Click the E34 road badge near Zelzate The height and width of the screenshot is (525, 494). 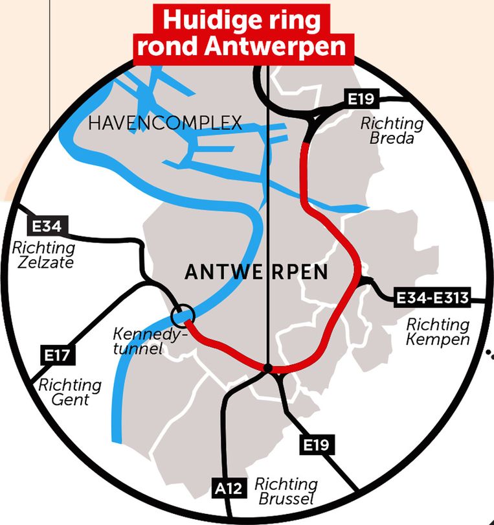(47, 227)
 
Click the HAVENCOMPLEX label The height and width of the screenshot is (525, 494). (165, 122)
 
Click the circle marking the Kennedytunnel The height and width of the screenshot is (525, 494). (183, 316)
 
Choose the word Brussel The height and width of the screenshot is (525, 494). (286, 499)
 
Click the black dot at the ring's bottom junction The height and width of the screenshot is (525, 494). (267, 368)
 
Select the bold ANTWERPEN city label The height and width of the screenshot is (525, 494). (256, 273)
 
